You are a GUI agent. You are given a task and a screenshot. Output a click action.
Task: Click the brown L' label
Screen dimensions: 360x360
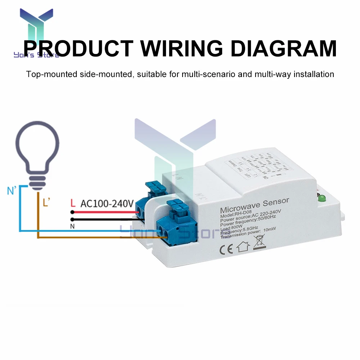pos(46,203)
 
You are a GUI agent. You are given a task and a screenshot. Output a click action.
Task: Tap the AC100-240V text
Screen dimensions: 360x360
pos(107,204)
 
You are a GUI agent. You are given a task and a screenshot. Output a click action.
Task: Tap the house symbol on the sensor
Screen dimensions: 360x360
pos(242,247)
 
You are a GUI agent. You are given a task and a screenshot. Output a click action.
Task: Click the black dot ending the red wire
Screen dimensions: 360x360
pos(72,212)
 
